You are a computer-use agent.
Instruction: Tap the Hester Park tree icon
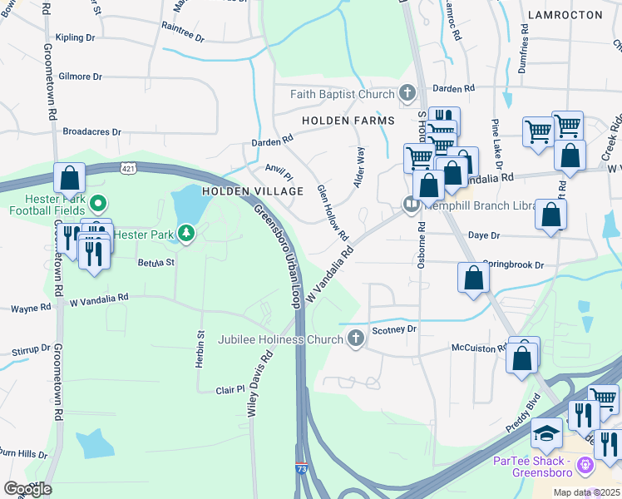(x=186, y=235)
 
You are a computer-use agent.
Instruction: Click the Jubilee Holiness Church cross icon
(x=355, y=338)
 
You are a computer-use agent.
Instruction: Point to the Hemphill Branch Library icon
(x=411, y=204)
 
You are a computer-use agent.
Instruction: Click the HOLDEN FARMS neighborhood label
(x=348, y=121)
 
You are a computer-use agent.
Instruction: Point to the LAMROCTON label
(x=563, y=16)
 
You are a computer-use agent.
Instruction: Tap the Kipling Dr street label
(x=76, y=37)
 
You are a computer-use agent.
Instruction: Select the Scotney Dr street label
(x=393, y=329)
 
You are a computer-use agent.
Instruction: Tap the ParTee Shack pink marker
(x=585, y=463)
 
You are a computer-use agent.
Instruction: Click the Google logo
(x=27, y=489)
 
